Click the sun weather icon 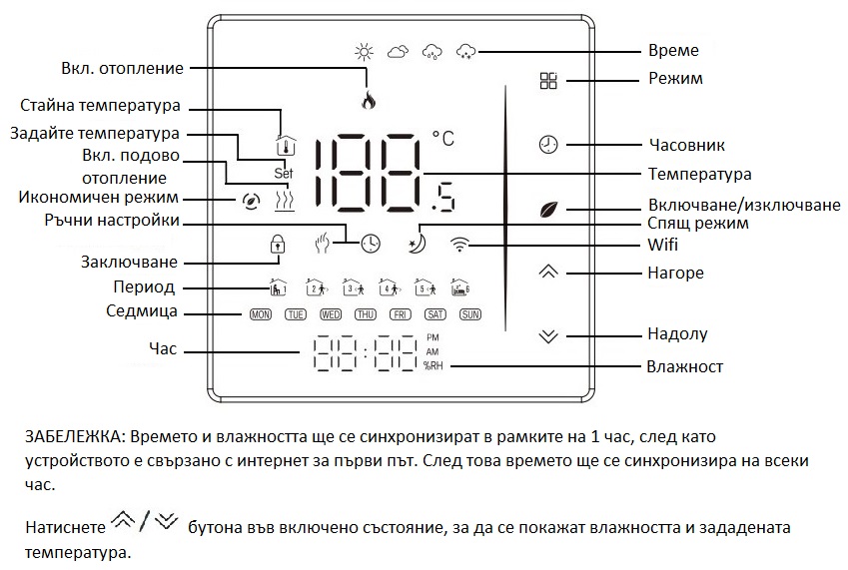(x=364, y=52)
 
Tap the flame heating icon (x=369, y=100)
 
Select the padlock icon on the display (x=278, y=244)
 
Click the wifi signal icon (x=459, y=245)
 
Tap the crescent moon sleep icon (x=418, y=245)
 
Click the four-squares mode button (x=548, y=81)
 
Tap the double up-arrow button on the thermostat (x=548, y=272)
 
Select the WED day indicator (x=331, y=314)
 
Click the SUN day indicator (x=470, y=314)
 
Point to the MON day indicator (x=260, y=314)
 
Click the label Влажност (x=684, y=366)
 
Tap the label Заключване (x=129, y=262)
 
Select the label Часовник (x=687, y=145)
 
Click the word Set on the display (x=284, y=174)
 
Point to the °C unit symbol (x=443, y=139)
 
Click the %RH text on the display (x=432, y=365)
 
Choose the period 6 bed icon (x=460, y=287)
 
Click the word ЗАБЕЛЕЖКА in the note (x=75, y=437)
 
